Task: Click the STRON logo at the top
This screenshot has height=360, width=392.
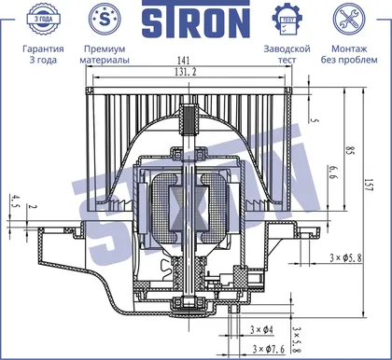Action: pos(196,20)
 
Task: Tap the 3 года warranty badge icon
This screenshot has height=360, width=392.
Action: pos(43,19)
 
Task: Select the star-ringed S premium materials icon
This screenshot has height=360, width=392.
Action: pos(105,19)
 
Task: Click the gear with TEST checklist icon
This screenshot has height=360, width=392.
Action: pos(287,20)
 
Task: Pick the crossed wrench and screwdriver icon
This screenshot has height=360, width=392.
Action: pos(349,19)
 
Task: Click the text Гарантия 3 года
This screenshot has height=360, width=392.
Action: pos(43,54)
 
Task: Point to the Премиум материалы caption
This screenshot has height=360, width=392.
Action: pos(105,54)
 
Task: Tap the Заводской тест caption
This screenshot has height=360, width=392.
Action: pos(287,54)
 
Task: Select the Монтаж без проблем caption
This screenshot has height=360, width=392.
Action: pos(349,54)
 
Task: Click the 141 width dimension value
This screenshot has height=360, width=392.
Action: pos(183,61)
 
